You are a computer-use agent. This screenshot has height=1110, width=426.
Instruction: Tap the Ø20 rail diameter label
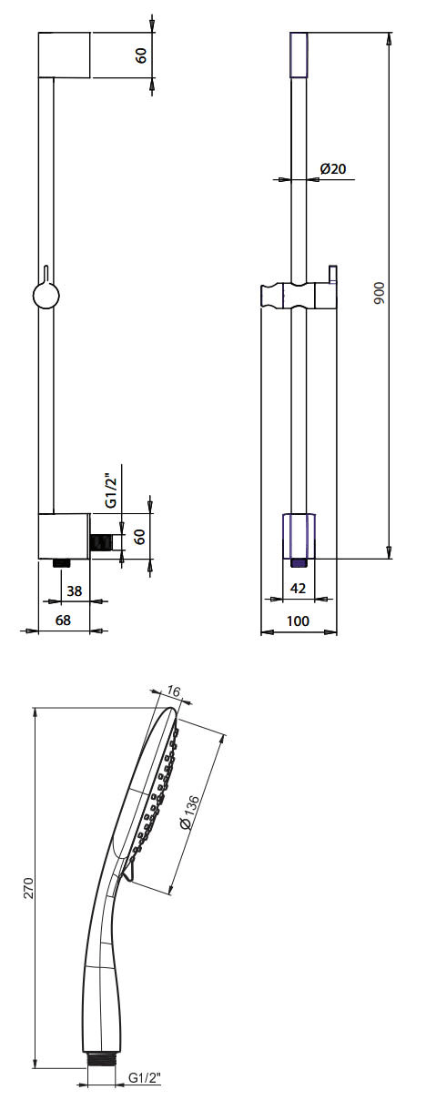(x=333, y=168)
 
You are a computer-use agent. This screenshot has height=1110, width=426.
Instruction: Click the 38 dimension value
(x=75, y=590)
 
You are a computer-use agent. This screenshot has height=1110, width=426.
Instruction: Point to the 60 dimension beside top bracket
(x=141, y=55)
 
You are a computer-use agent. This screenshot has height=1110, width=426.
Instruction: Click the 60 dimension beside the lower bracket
(x=141, y=536)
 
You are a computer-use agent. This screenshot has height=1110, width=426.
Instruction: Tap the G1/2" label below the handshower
(x=144, y=1077)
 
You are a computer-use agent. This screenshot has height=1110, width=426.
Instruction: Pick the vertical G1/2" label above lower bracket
(x=109, y=489)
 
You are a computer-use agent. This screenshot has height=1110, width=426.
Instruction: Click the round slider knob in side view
(x=45, y=297)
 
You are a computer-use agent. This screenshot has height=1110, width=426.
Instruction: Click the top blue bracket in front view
(x=298, y=54)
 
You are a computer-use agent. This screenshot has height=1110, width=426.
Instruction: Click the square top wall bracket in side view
(x=64, y=55)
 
